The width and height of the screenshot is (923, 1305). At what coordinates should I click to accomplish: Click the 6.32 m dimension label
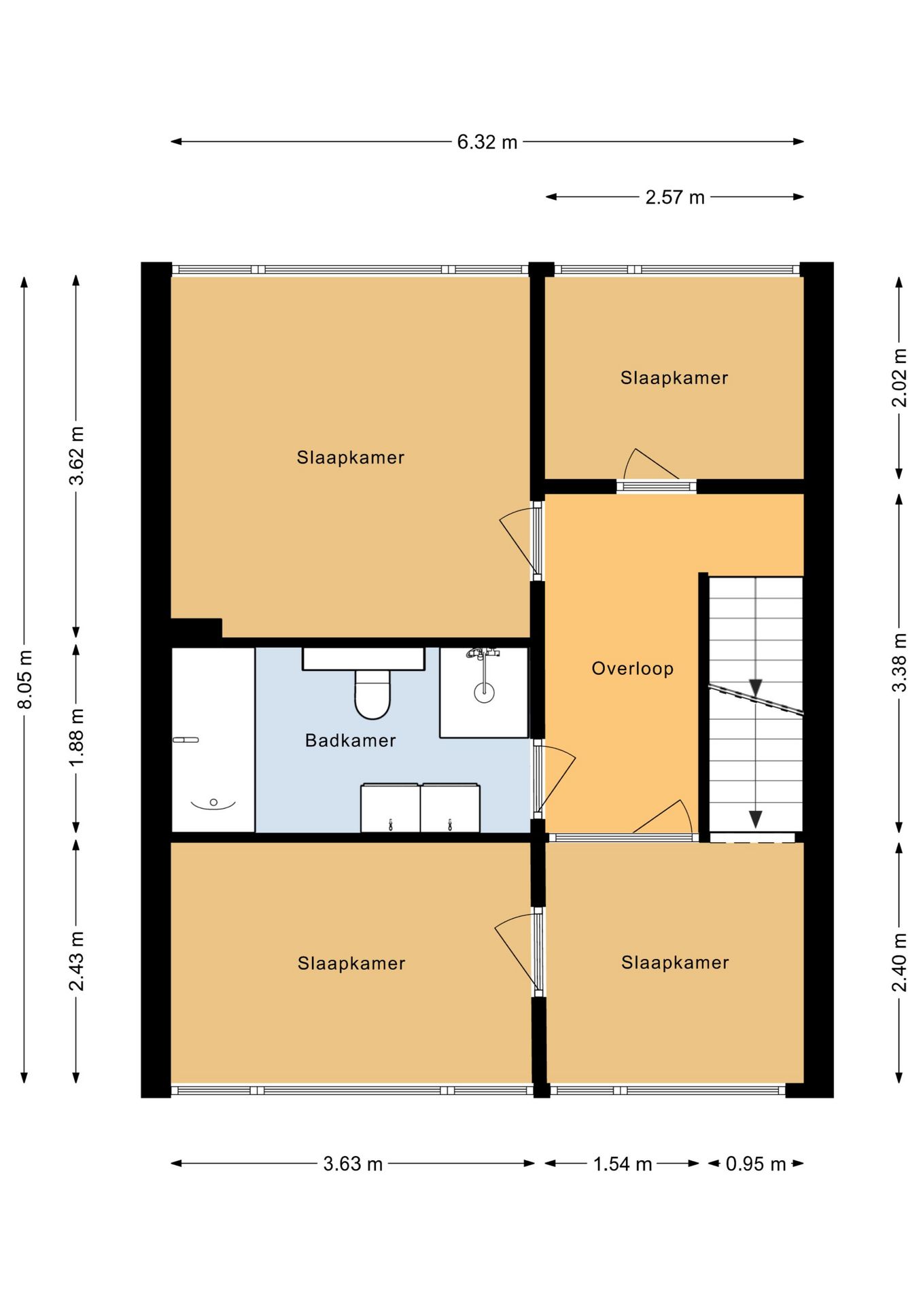(x=487, y=142)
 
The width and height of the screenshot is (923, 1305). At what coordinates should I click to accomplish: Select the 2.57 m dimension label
(x=675, y=197)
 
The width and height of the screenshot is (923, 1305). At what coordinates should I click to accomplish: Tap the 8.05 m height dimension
(x=25, y=679)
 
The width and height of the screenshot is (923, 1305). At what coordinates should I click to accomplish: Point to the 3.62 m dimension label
(x=77, y=455)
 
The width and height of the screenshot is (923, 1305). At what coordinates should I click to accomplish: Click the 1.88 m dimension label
(x=77, y=737)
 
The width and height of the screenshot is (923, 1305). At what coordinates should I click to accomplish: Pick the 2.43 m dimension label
(x=77, y=961)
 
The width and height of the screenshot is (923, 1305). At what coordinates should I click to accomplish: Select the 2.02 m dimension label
(x=899, y=377)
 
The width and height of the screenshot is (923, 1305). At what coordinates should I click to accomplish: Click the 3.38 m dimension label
(x=899, y=662)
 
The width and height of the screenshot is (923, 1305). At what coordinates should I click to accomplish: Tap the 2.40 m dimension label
(x=899, y=962)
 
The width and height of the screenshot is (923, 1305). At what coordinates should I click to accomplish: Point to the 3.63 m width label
(x=353, y=1164)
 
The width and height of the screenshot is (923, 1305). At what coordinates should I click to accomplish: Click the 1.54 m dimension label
(x=623, y=1164)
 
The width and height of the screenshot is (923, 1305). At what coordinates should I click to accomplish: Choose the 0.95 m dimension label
(x=756, y=1164)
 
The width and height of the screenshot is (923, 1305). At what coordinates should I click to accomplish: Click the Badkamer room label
(x=350, y=740)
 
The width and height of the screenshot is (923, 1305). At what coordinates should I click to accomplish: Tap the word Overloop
(x=633, y=669)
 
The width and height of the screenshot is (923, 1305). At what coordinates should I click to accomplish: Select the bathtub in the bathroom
(x=213, y=739)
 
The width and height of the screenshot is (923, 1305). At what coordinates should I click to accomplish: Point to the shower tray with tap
(x=484, y=692)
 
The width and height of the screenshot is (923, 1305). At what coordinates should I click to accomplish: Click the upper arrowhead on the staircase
(x=756, y=687)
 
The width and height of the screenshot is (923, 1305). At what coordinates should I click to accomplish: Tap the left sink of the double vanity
(x=390, y=807)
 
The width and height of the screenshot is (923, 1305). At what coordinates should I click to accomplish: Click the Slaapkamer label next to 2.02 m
(x=674, y=378)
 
